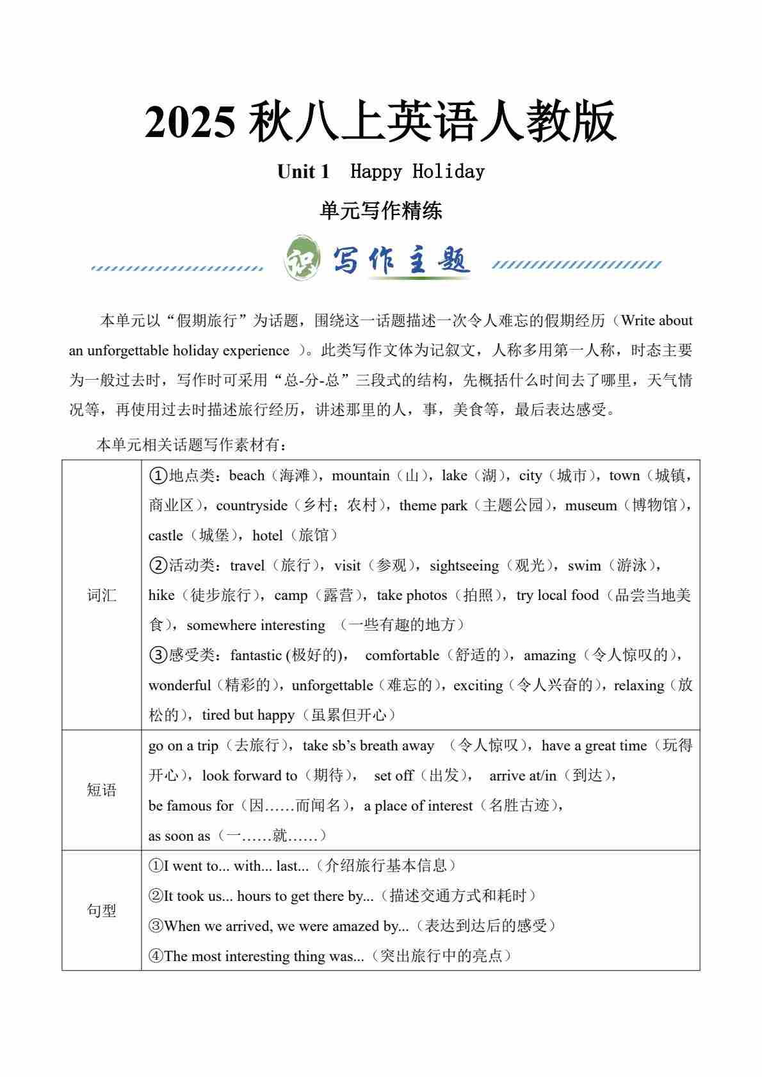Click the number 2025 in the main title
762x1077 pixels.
pos(190,122)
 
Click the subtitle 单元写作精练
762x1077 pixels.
pos(381,211)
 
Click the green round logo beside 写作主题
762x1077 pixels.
pos(302,259)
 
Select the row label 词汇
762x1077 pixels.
pos(101,595)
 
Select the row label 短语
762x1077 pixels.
pos(101,790)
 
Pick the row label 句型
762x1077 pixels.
pos(101,911)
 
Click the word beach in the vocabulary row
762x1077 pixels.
pos(247,476)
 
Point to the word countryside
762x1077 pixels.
pos(252,506)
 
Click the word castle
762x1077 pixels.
pos(165,536)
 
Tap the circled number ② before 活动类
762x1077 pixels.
pos(158,566)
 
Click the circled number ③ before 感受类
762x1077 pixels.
pos(158,656)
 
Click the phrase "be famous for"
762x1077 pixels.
pos(191,806)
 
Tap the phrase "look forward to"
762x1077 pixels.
pos(250,776)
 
